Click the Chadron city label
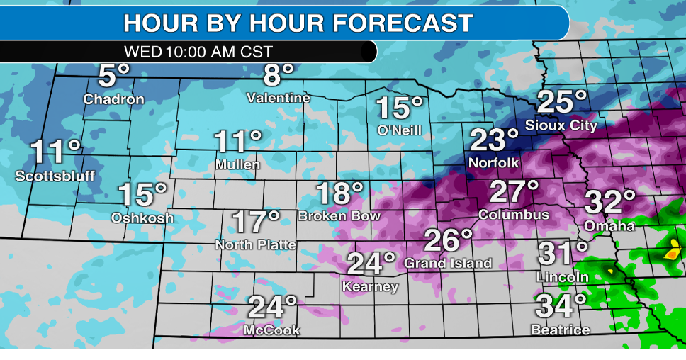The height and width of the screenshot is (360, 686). click(113, 99)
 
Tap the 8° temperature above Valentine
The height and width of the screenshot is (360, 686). click(279, 74)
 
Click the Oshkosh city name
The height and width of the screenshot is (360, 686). click(142, 218)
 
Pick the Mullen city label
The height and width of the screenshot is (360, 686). click(237, 165)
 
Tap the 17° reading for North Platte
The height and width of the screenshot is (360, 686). click(257, 223)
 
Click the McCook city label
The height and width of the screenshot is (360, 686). click(272, 330)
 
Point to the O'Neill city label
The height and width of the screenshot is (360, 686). click(399, 130)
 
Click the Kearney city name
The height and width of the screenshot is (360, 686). click(370, 287)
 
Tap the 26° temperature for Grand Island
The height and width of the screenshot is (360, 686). click(448, 240)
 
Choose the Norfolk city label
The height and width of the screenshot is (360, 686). click(493, 163)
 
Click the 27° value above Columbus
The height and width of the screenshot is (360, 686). click(514, 191)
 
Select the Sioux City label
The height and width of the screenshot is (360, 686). click(561, 125)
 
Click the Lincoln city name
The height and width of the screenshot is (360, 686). click(563, 276)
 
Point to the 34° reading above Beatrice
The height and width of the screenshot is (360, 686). click(561, 306)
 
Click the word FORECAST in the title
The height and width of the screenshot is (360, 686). click(403, 23)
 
